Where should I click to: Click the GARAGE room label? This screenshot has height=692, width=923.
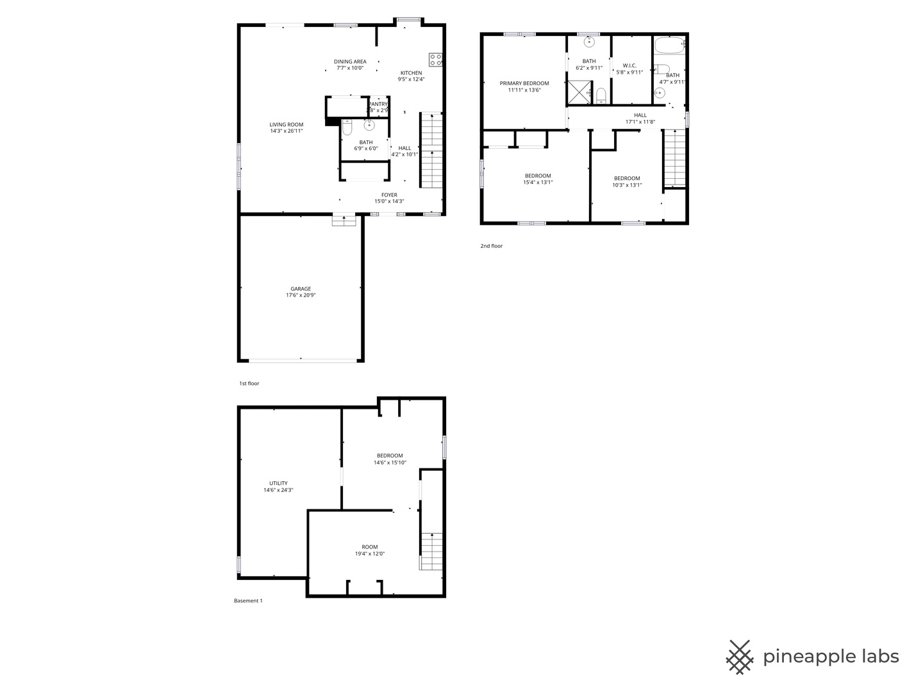pyautogui.click(x=301, y=289)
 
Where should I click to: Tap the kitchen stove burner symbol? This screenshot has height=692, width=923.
pyautogui.click(x=436, y=60)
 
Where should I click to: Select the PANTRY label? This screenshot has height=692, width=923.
pyautogui.click(x=378, y=104)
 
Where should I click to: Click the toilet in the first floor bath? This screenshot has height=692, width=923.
pyautogui.click(x=347, y=128)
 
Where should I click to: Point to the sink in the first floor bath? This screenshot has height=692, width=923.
pyautogui.click(x=369, y=125)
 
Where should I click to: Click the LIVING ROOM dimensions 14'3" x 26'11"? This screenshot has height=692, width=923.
pyautogui.click(x=287, y=131)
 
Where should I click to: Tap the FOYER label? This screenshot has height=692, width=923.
pyautogui.click(x=389, y=195)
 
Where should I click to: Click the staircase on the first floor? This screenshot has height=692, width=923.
pyautogui.click(x=431, y=151)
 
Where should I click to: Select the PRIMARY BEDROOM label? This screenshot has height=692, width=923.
pyautogui.click(x=524, y=83)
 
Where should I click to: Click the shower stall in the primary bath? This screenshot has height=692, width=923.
pyautogui.click(x=579, y=92)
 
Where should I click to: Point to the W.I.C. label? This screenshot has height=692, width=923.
pyautogui.click(x=629, y=65)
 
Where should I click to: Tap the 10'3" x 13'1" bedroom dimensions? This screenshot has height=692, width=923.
pyautogui.click(x=627, y=185)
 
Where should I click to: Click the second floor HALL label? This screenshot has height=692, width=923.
pyautogui.click(x=640, y=115)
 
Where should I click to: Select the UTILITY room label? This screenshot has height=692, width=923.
pyautogui.click(x=278, y=483)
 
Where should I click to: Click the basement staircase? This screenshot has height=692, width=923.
pyautogui.click(x=431, y=552)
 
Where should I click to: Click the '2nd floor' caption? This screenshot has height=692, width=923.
pyautogui.click(x=492, y=246)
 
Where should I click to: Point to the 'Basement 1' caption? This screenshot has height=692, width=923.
pyautogui.click(x=248, y=601)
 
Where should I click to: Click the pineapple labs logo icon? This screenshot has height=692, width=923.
pyautogui.click(x=740, y=657)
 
